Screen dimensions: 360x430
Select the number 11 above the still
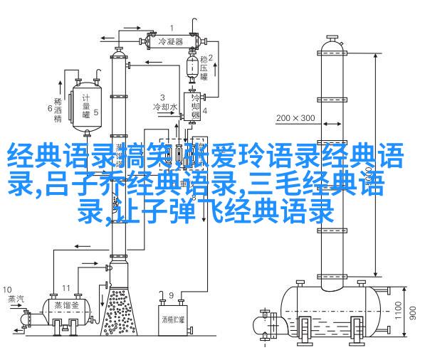click(65, 288)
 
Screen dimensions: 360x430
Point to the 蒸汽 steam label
click(16, 299)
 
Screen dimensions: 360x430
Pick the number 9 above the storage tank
click(171, 295)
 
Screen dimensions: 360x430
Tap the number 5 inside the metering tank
click(96, 112)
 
